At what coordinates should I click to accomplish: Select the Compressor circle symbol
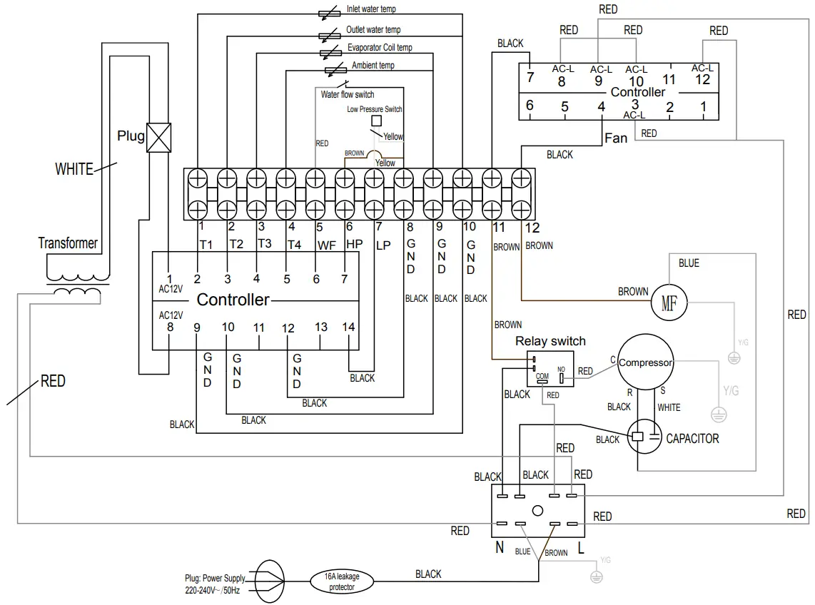tap(645, 362)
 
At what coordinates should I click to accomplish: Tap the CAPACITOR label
tap(692, 438)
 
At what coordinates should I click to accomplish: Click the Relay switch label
tap(550, 341)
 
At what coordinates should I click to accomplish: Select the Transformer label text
tap(68, 243)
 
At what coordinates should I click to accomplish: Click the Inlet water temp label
tap(371, 9)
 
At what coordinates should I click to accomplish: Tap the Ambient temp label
tap(373, 66)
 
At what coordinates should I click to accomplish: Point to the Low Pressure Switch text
tap(375, 109)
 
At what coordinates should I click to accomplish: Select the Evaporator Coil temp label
tap(380, 48)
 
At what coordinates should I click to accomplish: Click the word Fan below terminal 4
tap(616, 137)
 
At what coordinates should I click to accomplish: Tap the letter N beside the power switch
tap(500, 548)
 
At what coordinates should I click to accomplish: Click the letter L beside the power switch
tap(581, 548)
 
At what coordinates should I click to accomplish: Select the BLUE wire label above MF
tap(689, 263)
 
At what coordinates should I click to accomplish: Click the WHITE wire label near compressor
tap(669, 407)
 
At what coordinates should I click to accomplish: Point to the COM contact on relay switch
tap(542, 376)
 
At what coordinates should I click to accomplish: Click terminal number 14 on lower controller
tap(348, 327)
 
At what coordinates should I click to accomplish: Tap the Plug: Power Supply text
tap(214, 578)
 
